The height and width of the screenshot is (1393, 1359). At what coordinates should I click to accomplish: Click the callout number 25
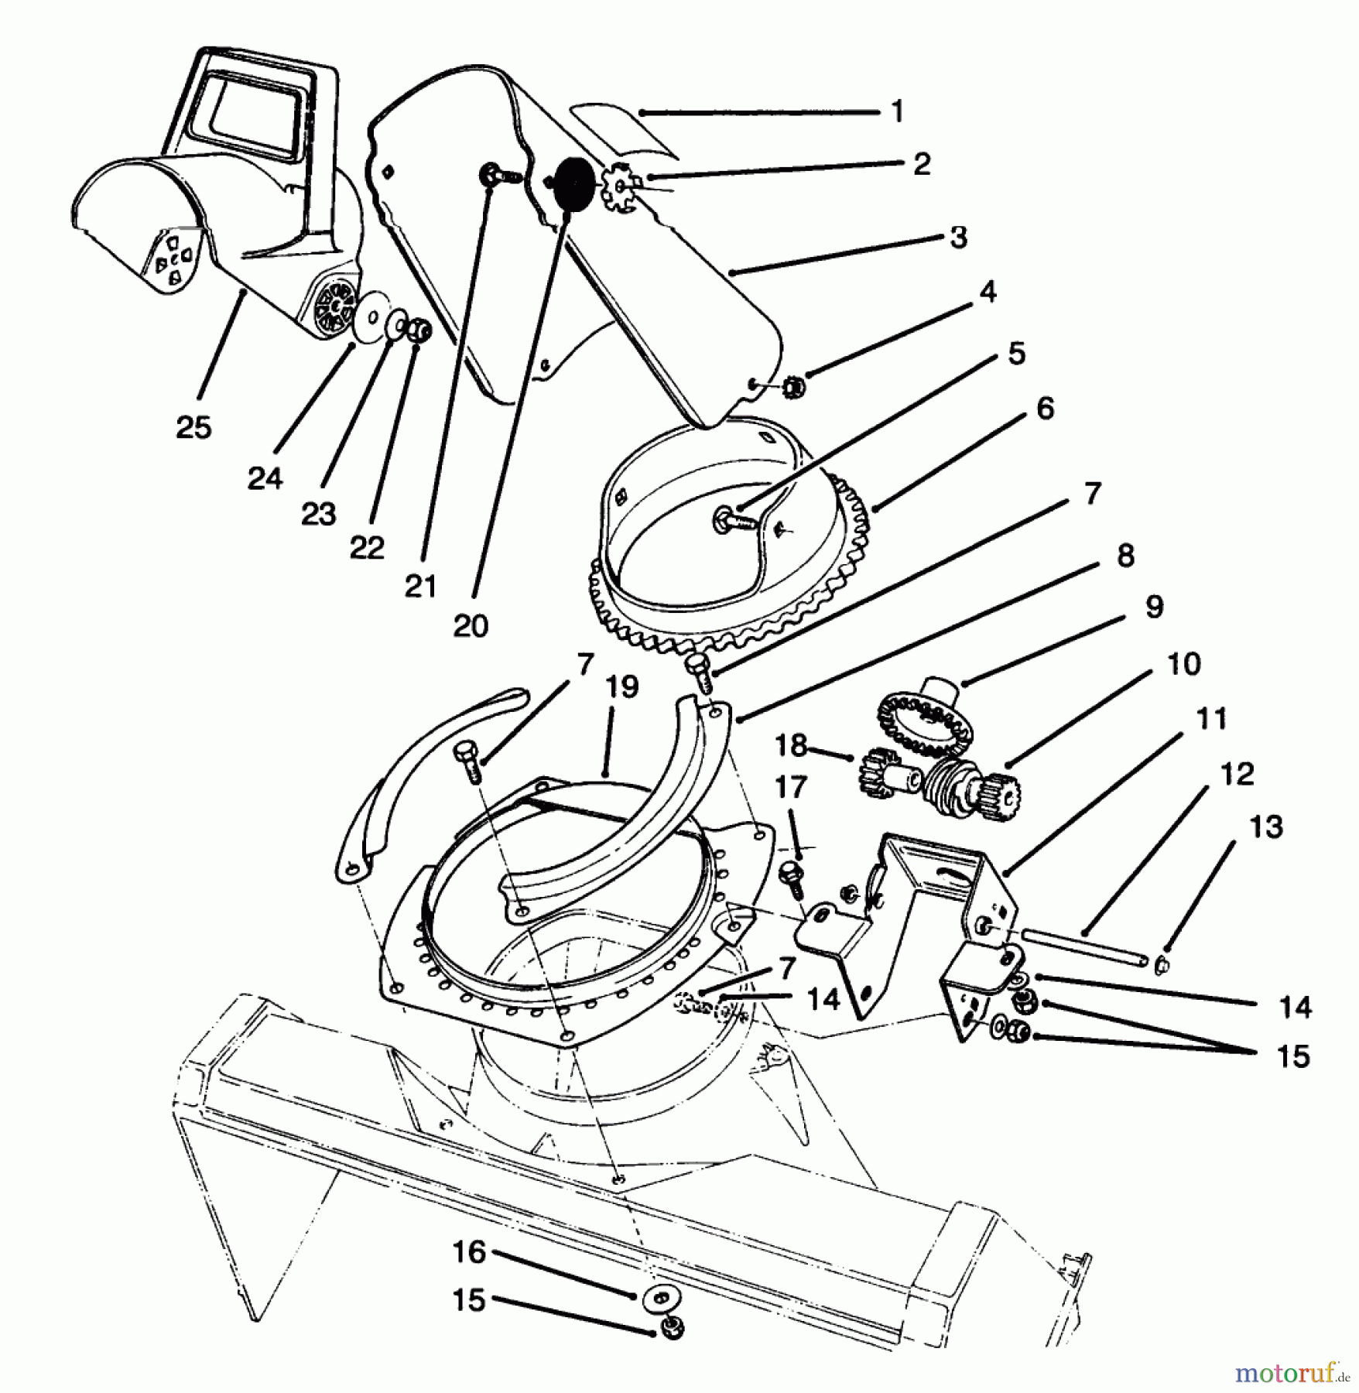[x=193, y=427]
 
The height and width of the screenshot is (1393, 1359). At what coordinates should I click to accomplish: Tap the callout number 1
[x=897, y=112]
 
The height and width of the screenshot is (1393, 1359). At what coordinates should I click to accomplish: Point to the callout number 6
[x=1045, y=409]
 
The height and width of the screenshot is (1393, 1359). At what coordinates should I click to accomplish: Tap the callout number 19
[x=623, y=686]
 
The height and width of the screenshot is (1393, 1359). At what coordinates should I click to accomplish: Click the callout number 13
[x=1266, y=828]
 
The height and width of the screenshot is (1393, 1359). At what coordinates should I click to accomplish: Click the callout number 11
[x=1211, y=719]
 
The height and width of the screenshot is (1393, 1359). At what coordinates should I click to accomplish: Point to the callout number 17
[x=791, y=789]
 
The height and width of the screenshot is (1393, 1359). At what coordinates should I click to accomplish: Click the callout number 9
[x=1154, y=608]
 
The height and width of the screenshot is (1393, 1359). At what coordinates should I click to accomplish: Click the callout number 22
[x=367, y=548]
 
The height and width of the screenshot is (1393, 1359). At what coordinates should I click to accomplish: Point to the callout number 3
[x=958, y=238]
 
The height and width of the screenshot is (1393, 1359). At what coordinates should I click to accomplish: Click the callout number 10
[x=1183, y=663]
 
